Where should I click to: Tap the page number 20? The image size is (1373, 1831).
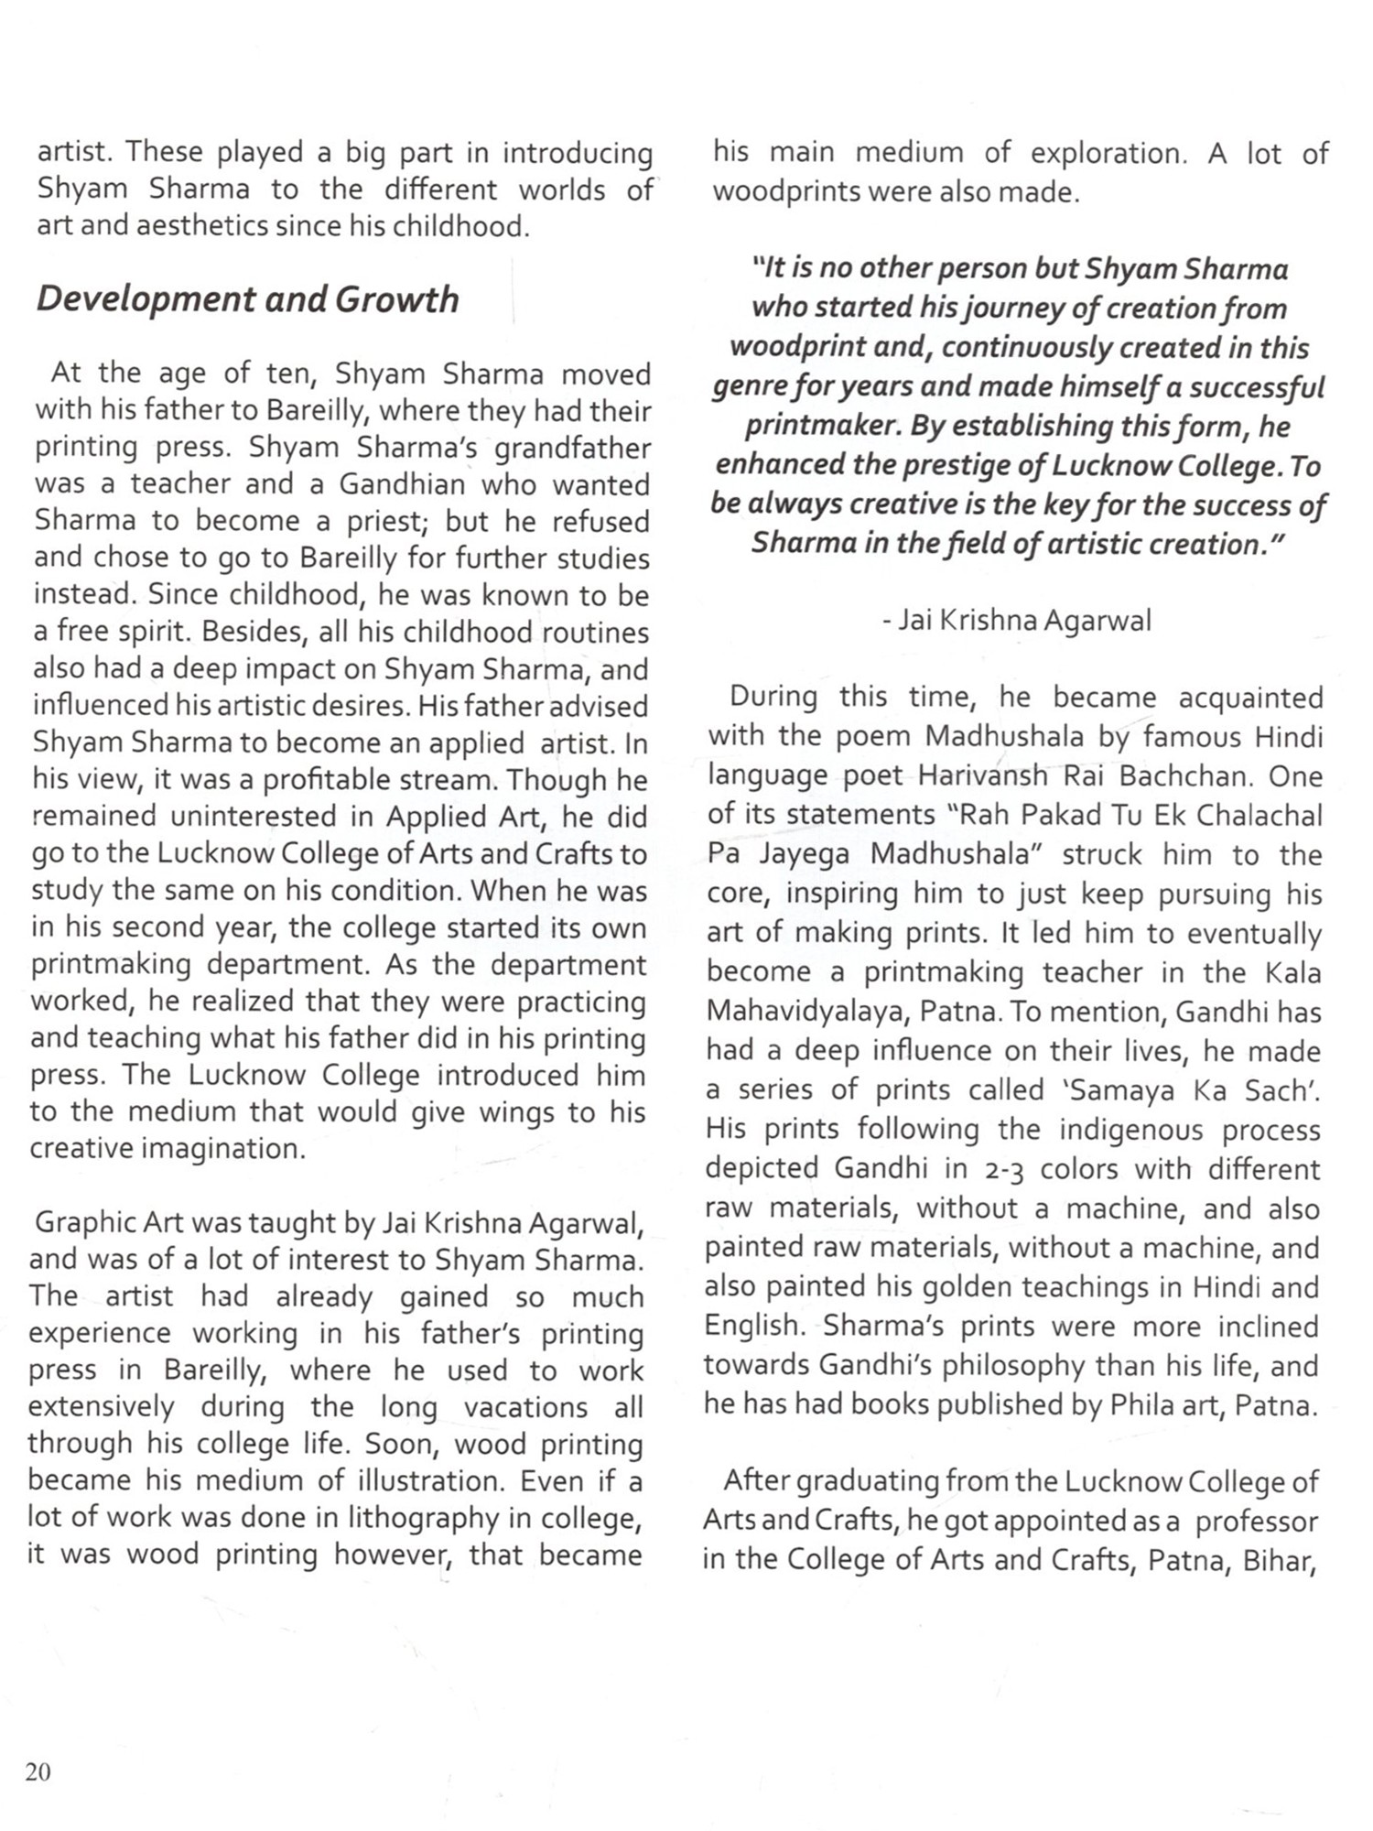pos(38,1771)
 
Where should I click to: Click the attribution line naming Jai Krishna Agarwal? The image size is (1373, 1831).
pos(1017,621)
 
